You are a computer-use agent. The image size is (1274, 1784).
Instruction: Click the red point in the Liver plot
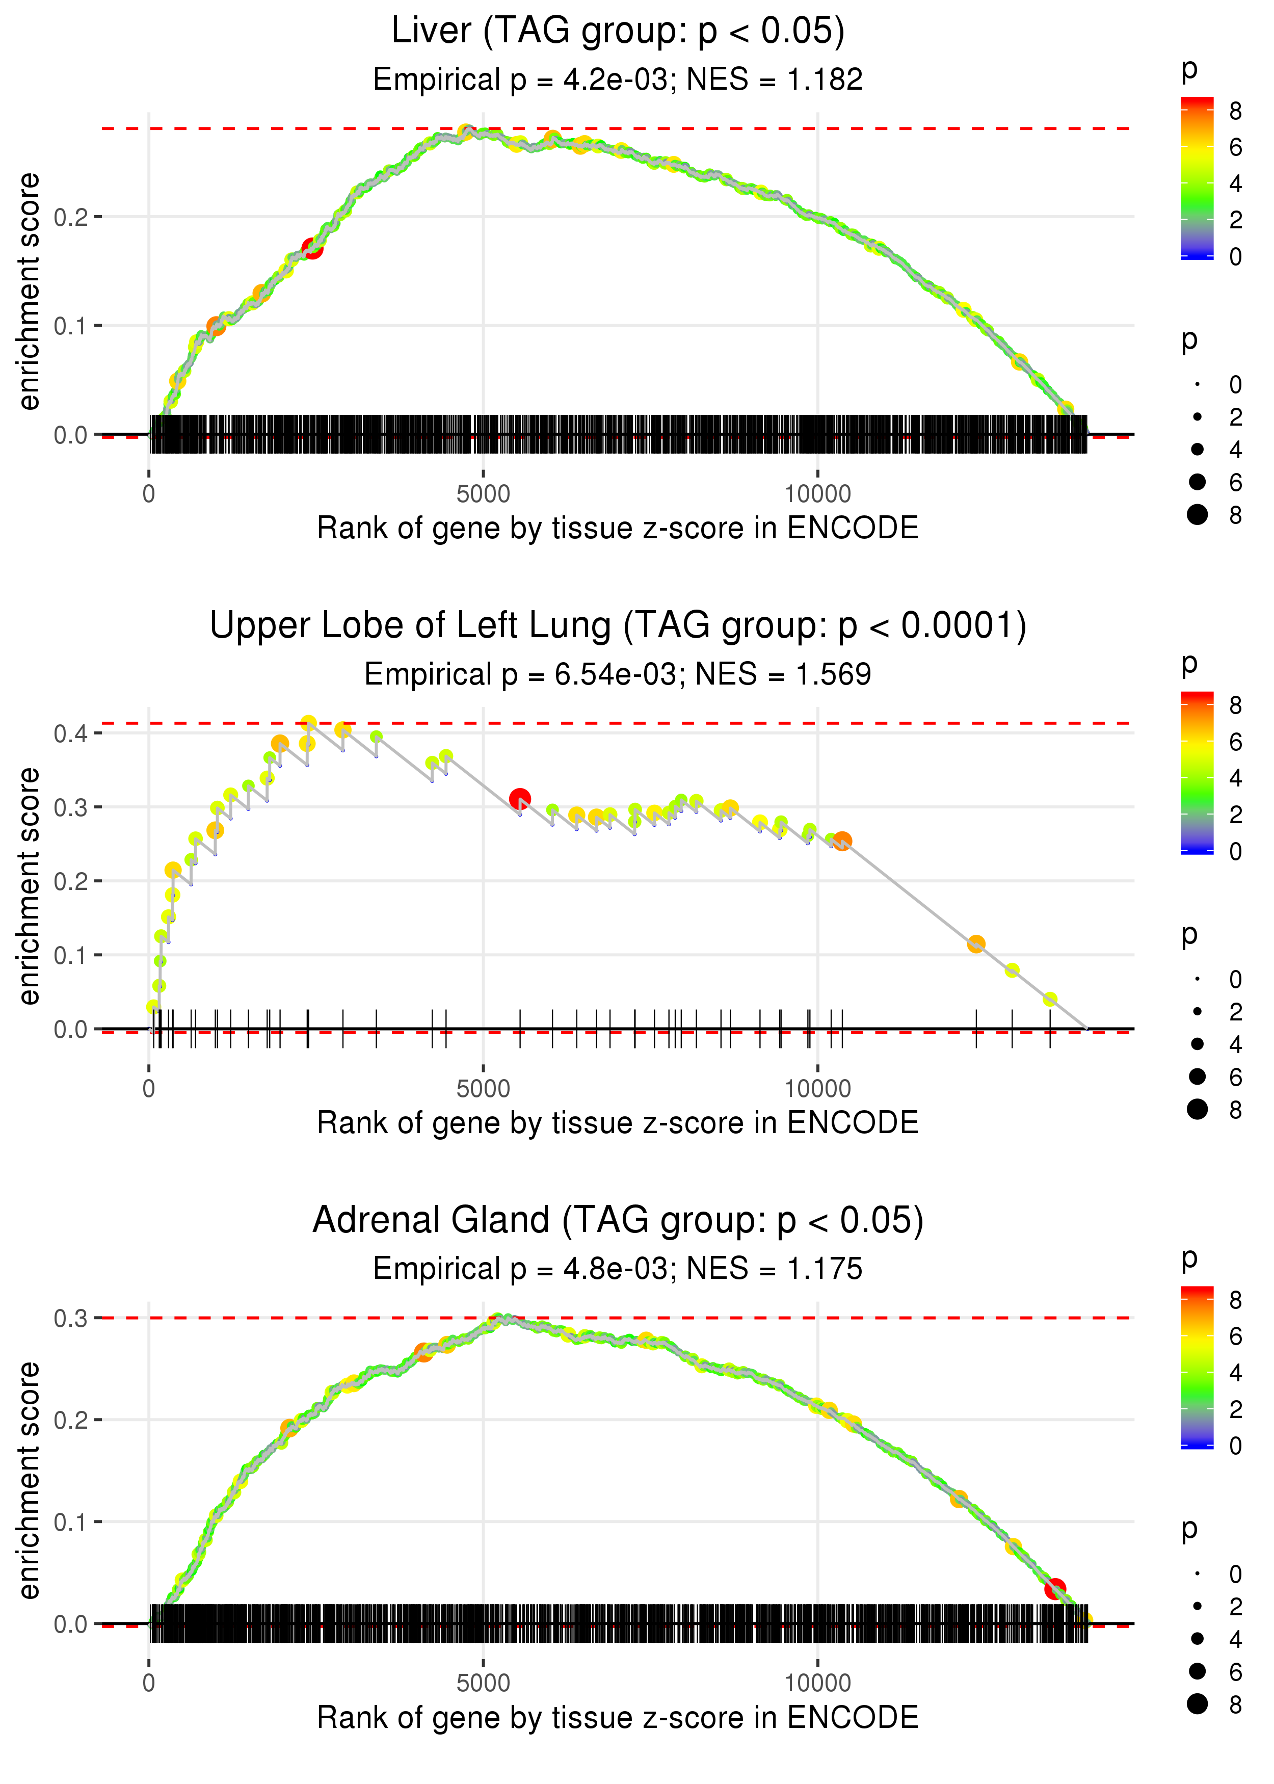click(x=312, y=249)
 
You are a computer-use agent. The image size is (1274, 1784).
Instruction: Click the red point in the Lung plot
click(x=519, y=799)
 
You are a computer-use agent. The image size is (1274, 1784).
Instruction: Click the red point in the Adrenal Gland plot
click(x=1055, y=1589)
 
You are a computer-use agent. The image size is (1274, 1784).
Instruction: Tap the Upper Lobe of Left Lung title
click(x=618, y=626)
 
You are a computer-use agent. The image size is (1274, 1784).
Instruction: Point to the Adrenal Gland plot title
click(x=618, y=1220)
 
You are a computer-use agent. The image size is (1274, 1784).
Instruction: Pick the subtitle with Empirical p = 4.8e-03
click(x=618, y=1269)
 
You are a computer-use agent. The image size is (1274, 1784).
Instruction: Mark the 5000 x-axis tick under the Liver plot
click(x=483, y=494)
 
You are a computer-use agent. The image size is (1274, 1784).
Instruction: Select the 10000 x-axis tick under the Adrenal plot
click(x=817, y=1683)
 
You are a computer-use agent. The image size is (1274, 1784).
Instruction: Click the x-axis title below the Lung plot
click(x=618, y=1123)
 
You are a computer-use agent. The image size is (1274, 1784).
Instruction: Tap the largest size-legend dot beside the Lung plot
click(x=1197, y=1109)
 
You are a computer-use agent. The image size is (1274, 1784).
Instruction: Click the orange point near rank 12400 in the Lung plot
click(x=976, y=944)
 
